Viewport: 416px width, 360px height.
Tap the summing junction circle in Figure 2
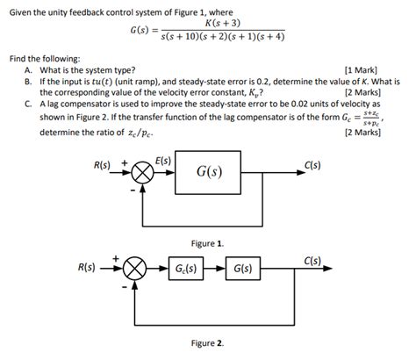[135, 269]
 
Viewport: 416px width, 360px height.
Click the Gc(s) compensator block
[185, 269]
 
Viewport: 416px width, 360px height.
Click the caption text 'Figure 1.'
[208, 241]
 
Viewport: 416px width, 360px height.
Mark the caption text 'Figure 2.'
[208, 342]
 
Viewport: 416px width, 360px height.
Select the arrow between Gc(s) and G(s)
[214, 269]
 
